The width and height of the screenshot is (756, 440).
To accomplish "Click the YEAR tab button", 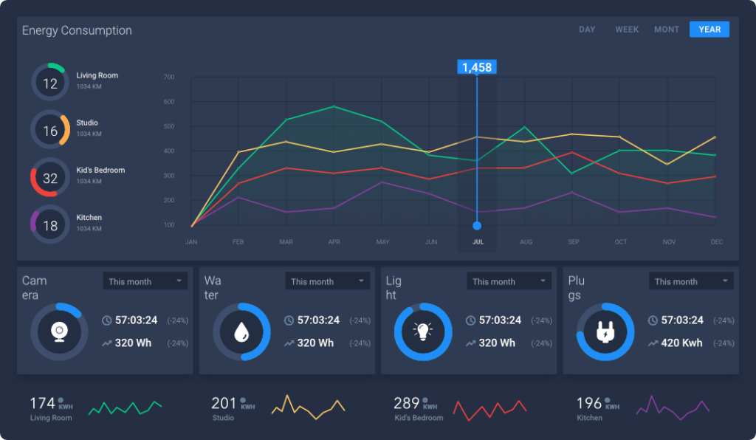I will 709,30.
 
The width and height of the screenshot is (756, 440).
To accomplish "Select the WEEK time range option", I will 627,30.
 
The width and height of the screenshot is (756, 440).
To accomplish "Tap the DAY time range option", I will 587,30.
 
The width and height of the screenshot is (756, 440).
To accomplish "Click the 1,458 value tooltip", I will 476,67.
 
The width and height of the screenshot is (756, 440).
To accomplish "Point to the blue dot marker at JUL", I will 477,225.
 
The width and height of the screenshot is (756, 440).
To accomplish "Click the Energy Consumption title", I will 77,30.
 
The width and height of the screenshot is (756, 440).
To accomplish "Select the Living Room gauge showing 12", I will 50,83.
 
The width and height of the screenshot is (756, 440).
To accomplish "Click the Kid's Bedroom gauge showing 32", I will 50,178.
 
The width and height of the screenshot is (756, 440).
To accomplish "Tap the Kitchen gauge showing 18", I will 50,226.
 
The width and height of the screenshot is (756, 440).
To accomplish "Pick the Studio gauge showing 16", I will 50,131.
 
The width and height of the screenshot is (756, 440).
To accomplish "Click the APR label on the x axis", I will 334,242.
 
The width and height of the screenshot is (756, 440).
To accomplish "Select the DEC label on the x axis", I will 716,242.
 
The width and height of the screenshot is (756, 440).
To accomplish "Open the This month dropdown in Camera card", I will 145,281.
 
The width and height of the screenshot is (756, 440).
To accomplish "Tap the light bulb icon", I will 423,331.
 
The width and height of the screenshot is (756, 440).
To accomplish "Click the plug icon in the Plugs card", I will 605,331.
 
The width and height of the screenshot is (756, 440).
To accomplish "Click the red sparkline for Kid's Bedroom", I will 489,408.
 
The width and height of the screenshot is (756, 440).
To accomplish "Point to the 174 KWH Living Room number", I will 42,403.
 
